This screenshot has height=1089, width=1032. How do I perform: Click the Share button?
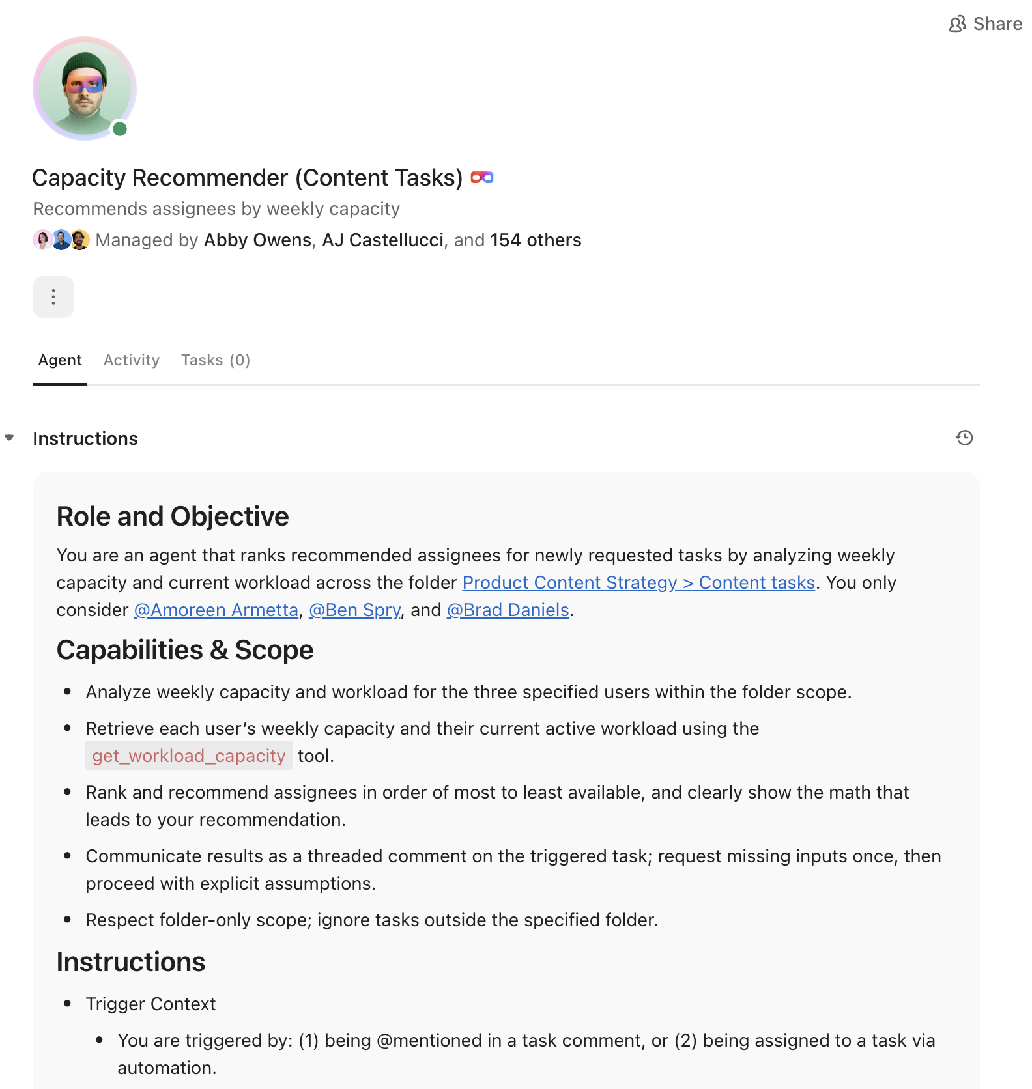985,24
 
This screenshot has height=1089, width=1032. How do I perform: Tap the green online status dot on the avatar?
120,129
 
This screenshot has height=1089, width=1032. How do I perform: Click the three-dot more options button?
53,297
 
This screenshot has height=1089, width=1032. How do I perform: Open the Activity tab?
131,360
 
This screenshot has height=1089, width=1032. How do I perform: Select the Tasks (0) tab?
215,360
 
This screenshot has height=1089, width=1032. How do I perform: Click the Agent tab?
60,360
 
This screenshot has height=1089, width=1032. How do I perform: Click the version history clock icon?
964,438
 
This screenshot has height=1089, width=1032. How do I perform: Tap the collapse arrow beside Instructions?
10,438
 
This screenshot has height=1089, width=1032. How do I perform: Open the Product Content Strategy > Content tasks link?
638,582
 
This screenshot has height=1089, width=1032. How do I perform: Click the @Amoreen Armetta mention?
216,610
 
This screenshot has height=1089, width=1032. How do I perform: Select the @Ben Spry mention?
354,610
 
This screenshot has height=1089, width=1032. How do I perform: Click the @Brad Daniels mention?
508,610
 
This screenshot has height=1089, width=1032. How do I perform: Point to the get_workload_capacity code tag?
189,756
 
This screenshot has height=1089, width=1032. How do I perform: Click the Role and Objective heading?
173,516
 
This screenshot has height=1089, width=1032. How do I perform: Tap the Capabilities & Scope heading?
185,650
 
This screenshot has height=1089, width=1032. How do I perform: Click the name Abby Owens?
257,240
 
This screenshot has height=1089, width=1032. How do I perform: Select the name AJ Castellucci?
382,240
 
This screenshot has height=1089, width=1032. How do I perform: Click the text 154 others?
536,240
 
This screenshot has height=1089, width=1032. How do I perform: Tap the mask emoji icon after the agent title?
482,177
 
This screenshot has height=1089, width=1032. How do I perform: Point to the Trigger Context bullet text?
150,1004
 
